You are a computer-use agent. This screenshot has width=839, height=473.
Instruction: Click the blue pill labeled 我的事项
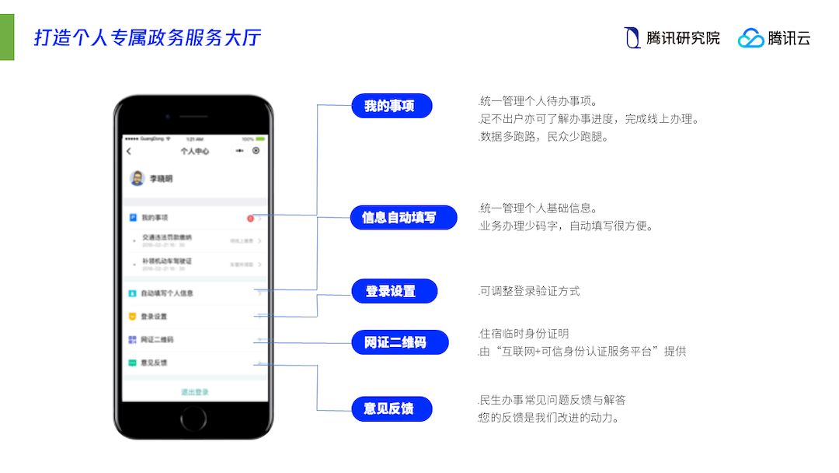click(391, 106)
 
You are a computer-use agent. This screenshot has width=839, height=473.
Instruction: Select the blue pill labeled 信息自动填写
click(399, 218)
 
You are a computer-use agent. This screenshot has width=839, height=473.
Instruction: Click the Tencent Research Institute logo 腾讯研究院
click(672, 37)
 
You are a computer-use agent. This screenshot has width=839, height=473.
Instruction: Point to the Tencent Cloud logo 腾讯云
click(774, 37)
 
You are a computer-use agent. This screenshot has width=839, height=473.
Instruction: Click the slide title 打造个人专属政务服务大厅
click(148, 37)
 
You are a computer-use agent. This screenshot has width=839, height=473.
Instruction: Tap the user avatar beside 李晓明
click(137, 178)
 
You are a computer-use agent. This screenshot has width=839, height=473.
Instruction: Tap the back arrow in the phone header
click(129, 151)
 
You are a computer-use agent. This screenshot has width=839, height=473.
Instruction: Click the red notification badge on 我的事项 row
click(250, 219)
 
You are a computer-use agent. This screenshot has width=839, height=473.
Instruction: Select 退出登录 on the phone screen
click(194, 392)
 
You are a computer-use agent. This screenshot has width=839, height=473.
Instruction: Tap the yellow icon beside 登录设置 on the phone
click(132, 317)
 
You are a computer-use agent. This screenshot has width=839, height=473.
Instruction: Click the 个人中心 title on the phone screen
click(194, 151)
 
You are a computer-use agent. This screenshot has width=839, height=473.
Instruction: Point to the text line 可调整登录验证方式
click(530, 292)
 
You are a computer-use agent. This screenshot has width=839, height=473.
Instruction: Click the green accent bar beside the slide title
click(7, 37)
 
